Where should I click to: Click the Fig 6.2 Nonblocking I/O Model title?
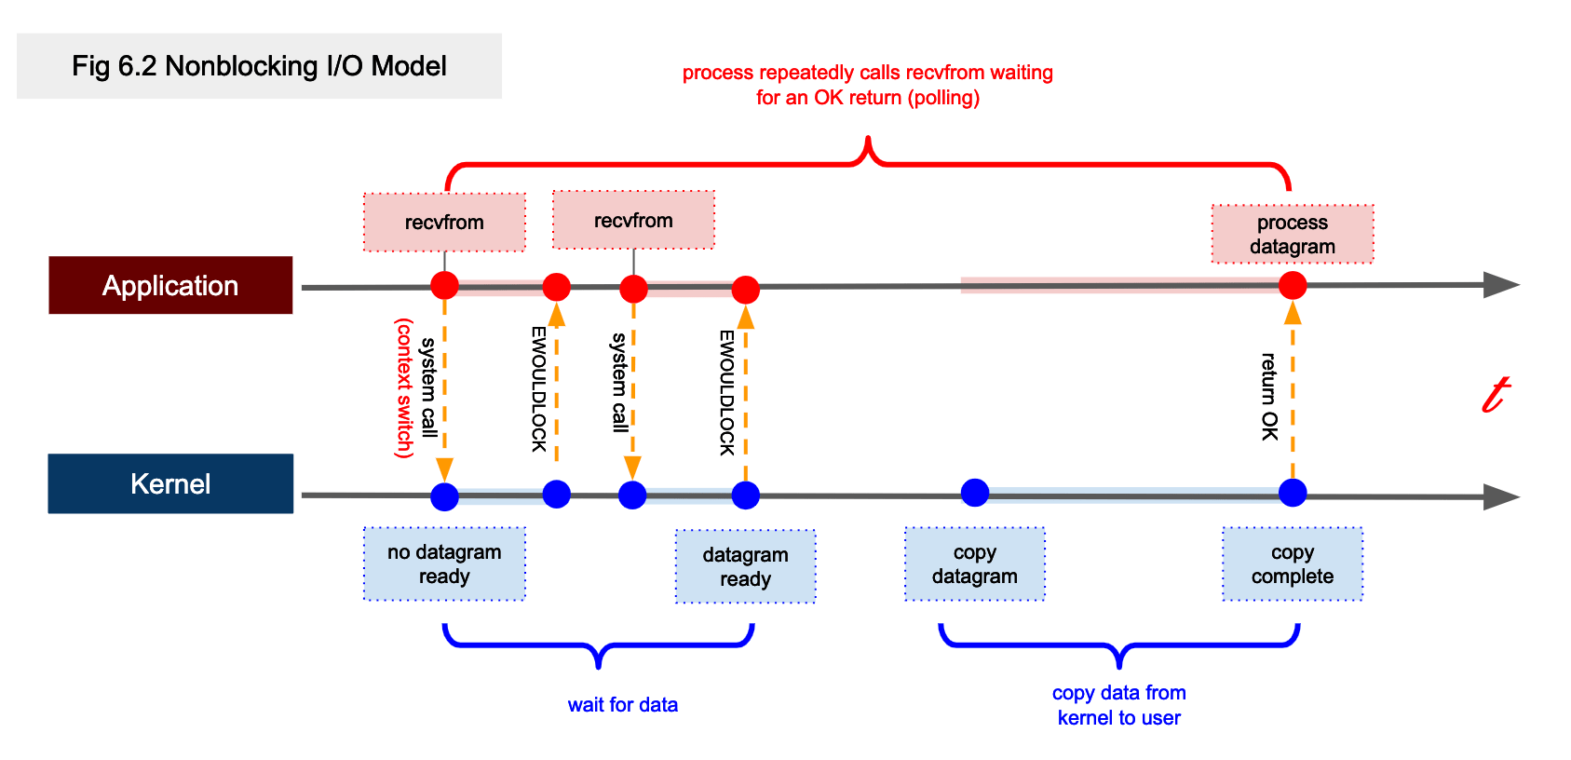click(259, 66)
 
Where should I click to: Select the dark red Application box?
click(170, 285)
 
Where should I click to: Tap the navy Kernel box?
click(170, 483)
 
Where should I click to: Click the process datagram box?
click(1292, 234)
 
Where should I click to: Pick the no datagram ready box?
click(444, 563)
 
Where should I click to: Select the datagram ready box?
click(745, 566)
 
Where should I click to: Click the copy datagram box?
click(974, 563)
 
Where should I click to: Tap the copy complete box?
click(1292, 563)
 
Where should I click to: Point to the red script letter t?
click(1496, 394)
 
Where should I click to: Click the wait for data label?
click(622, 704)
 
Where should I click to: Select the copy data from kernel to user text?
click(1118, 705)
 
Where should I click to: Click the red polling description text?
click(867, 85)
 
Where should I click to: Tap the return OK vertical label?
click(1268, 396)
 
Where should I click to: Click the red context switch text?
click(404, 387)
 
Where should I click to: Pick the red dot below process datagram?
click(1292, 285)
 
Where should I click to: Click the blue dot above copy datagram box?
click(974, 492)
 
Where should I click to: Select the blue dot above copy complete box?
click(1292, 492)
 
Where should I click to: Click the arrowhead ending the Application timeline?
click(1500, 284)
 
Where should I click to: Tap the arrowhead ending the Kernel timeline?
click(1500, 496)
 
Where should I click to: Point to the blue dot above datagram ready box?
click(745, 495)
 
